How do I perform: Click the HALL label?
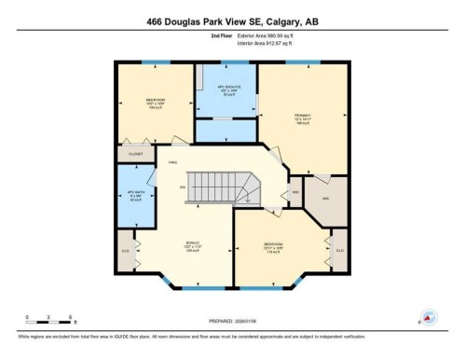[173, 163]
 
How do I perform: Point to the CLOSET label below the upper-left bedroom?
[136, 154]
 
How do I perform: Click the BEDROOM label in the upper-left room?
[156, 100]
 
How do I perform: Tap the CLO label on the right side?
[339, 251]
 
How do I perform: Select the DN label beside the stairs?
[183, 187]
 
